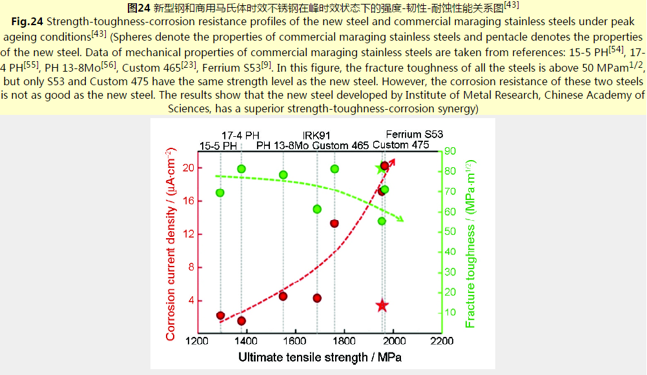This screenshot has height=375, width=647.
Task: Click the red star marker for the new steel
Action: coord(382,305)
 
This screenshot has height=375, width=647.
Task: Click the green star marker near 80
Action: coord(380,169)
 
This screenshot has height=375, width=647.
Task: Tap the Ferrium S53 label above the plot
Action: coord(415,134)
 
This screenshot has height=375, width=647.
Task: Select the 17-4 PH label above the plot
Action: coord(241,136)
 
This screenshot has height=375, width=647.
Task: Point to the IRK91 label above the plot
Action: coord(317,136)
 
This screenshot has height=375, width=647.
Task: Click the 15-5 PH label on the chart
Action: coord(218,145)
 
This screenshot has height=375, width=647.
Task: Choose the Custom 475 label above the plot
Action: coord(401,145)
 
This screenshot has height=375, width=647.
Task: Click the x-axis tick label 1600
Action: coord(294,341)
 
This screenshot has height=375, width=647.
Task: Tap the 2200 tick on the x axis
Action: coord(442,341)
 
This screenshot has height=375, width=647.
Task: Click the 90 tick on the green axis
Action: coord(449,151)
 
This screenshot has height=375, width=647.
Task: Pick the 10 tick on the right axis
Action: coord(449,312)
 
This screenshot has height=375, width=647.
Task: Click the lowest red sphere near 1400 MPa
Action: coord(241,321)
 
